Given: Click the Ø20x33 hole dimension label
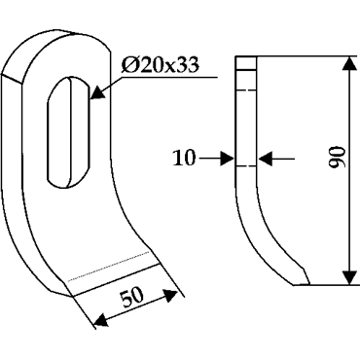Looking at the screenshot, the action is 160,65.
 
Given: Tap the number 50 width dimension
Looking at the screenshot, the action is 131,297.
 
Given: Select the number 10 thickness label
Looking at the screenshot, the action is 184,159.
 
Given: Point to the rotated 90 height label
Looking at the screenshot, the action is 337,158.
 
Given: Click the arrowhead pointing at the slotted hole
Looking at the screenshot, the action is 98,92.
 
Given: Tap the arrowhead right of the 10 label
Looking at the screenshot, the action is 227,159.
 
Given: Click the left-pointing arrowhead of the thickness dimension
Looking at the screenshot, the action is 266,159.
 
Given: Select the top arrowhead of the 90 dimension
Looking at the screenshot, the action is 349,64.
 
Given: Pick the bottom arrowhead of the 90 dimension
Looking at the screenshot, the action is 349,277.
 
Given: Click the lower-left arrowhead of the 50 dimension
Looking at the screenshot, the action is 101,320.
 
